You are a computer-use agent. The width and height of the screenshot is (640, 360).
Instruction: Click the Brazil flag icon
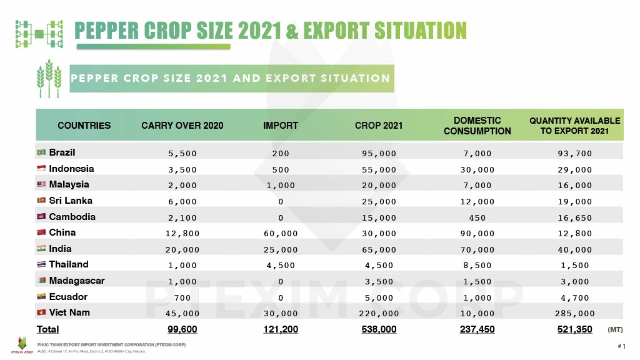(x=42, y=152)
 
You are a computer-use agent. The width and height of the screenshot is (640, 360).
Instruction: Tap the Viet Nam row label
(x=69, y=312)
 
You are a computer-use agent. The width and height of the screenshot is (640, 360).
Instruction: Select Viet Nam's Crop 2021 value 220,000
(x=379, y=313)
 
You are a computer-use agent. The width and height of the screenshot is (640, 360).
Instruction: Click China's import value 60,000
(x=281, y=233)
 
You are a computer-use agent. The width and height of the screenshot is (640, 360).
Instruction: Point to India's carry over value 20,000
(x=182, y=249)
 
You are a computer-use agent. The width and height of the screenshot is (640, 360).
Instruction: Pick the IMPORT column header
(x=281, y=126)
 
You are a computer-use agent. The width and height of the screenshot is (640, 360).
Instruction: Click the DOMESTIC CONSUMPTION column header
(x=477, y=126)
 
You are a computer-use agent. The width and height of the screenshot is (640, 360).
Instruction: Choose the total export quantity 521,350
(x=574, y=329)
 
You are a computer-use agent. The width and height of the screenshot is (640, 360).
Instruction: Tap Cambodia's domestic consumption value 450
(x=477, y=217)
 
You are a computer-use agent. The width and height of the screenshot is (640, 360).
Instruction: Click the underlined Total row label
(x=47, y=329)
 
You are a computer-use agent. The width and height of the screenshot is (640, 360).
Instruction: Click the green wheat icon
(x=49, y=78)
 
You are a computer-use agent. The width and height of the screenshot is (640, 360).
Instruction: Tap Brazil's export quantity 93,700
(x=574, y=153)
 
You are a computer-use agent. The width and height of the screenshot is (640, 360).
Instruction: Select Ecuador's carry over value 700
(x=182, y=297)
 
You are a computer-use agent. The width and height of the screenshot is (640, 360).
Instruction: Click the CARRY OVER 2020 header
(x=182, y=126)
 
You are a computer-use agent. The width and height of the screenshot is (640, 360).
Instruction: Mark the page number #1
(x=621, y=346)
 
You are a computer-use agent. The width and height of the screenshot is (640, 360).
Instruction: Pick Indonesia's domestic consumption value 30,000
(x=477, y=169)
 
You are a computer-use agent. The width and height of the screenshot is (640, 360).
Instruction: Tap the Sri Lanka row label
(x=71, y=201)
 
